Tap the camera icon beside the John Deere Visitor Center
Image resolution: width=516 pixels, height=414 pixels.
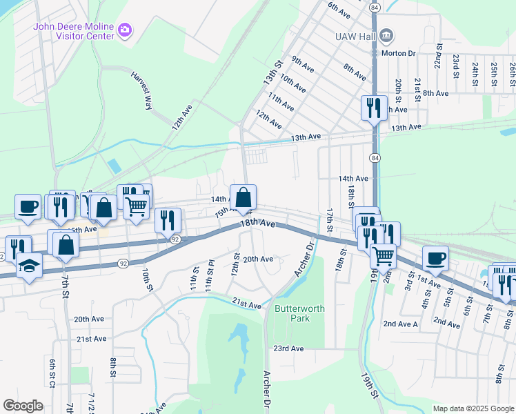(125, 29)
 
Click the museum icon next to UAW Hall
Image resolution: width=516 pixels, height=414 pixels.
(386, 34)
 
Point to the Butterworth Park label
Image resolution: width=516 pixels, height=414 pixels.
(299, 314)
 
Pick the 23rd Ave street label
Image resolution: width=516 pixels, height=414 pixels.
(288, 348)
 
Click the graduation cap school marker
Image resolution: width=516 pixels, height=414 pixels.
(30, 266)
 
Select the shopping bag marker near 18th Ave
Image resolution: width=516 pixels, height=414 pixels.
(243, 198)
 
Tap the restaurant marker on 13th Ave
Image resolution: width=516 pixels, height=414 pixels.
(374, 108)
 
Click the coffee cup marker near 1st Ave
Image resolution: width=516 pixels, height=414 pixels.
(435, 258)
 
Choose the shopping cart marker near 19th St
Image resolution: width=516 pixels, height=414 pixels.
(383, 256)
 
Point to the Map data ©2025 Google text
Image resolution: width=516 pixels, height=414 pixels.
(473, 408)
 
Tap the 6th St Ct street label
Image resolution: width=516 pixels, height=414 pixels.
(52, 373)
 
